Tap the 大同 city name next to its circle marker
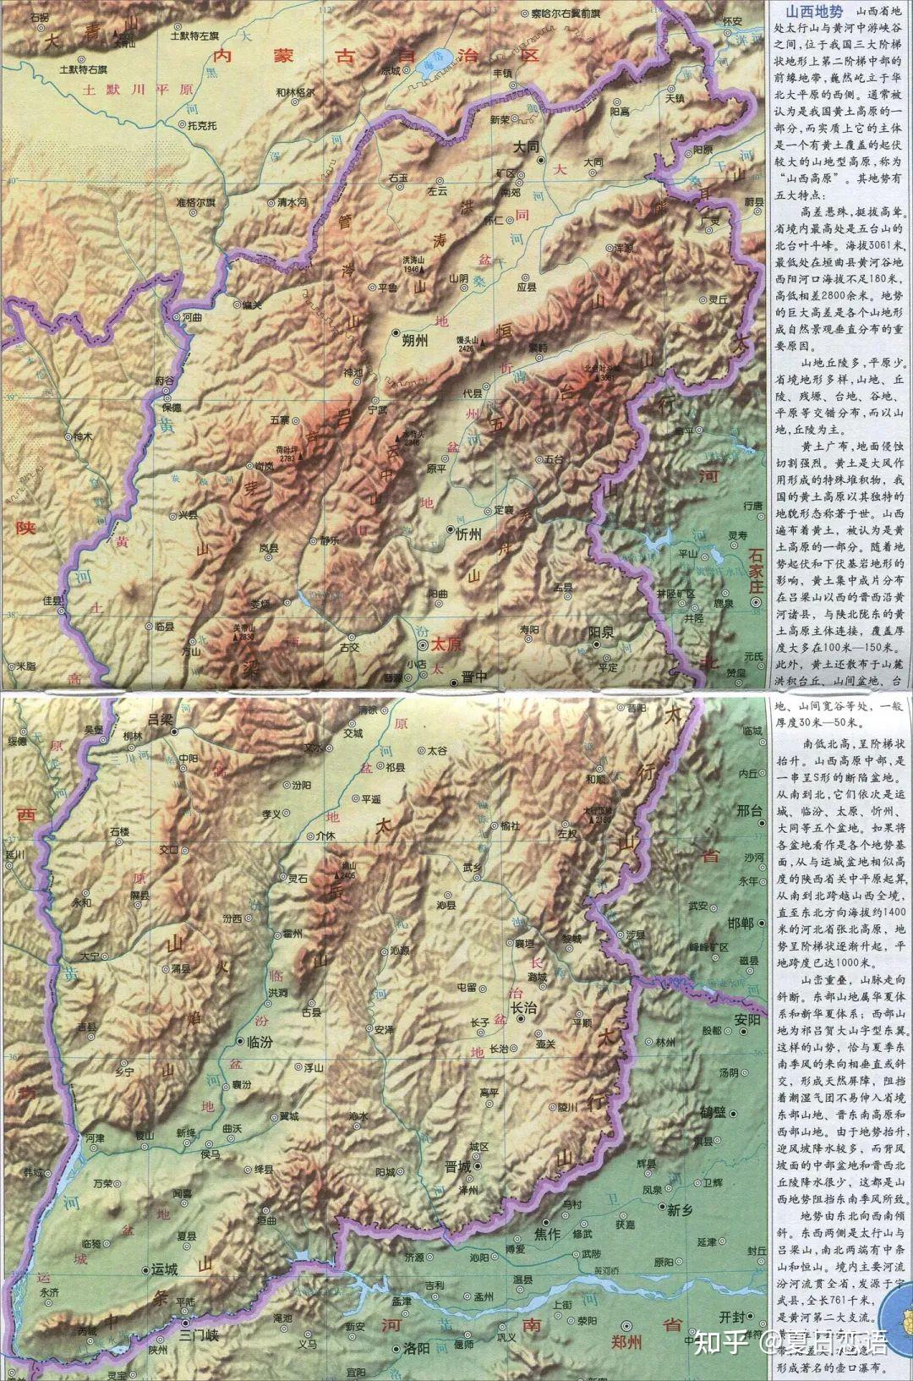pyautogui.click(x=526, y=146)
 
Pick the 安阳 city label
pyautogui.click(x=749, y=1019)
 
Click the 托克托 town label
pyautogui.click(x=202, y=126)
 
